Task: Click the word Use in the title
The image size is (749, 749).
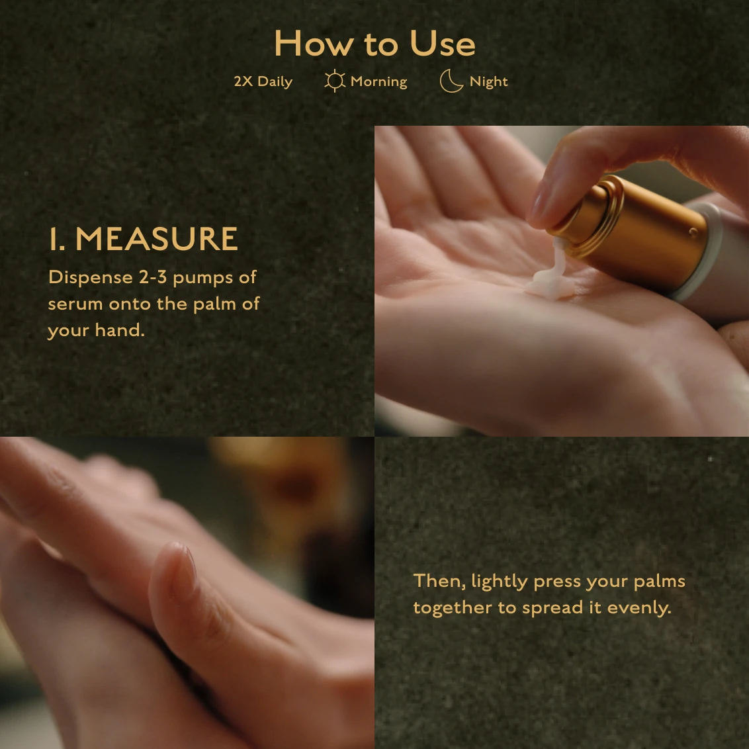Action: [443, 44]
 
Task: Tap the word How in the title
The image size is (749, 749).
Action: [314, 44]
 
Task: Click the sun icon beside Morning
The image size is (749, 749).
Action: [335, 81]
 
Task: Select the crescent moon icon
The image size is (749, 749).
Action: [451, 81]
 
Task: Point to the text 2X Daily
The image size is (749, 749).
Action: [263, 81]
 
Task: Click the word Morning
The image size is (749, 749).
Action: [378, 81]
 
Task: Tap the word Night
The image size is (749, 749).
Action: [489, 81]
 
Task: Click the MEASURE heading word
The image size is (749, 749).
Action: [157, 239]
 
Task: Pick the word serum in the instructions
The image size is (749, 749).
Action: [75, 304]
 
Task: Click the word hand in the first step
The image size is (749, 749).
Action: [119, 330]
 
